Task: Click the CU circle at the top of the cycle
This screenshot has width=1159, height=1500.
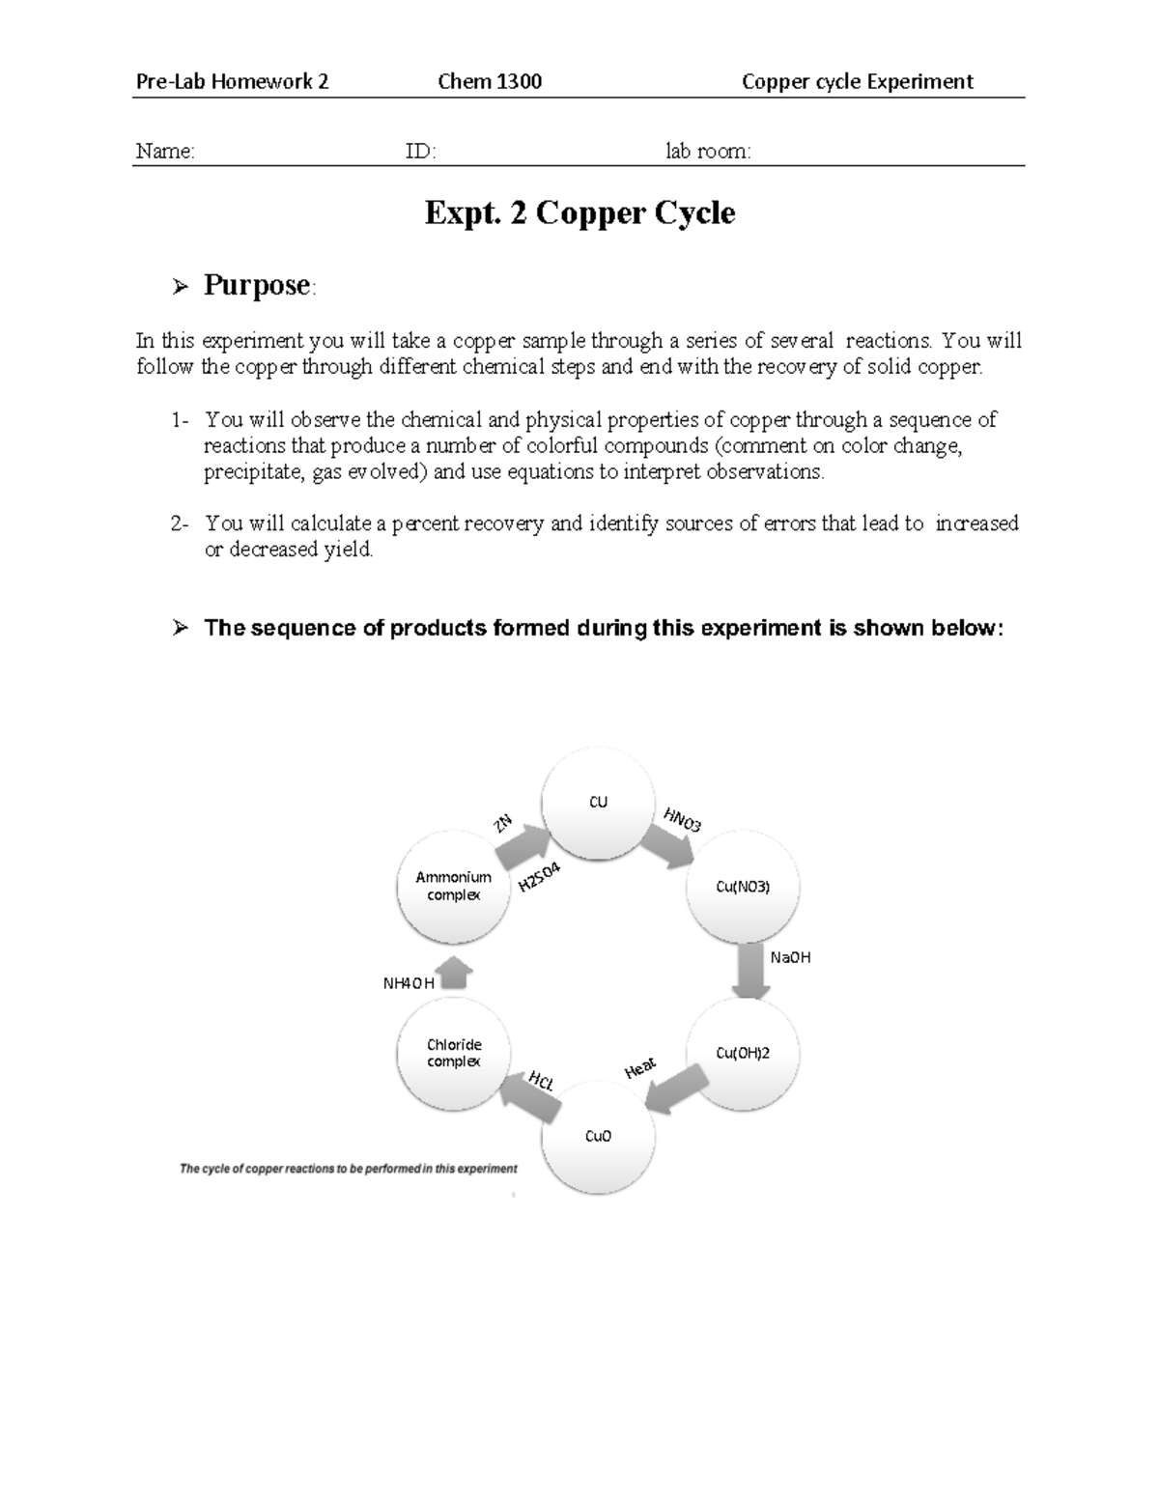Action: tap(598, 803)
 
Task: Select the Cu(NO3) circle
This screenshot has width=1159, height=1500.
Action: tap(743, 887)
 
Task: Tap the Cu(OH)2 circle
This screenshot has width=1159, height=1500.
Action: tap(743, 1053)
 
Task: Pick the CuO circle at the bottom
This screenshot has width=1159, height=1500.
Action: tap(598, 1137)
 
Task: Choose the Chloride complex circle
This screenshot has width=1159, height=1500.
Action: tap(454, 1053)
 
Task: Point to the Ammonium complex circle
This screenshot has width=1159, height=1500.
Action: tap(454, 886)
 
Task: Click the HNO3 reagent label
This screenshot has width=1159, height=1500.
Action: tap(682, 820)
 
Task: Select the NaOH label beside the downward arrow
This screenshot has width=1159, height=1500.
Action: tap(790, 957)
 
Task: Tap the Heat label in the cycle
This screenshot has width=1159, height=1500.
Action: tap(640, 1068)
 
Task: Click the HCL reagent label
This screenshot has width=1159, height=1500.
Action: tap(542, 1081)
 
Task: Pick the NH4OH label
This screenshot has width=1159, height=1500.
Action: tap(409, 983)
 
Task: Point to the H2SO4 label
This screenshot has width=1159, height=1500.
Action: tap(540, 877)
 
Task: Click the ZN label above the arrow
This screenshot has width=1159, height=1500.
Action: tap(502, 824)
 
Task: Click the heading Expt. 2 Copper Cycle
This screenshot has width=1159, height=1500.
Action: tap(579, 212)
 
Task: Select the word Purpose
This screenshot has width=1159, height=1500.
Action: tap(257, 286)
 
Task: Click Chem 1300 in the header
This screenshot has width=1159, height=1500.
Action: tap(490, 82)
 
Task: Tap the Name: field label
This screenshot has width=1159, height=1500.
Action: tap(165, 152)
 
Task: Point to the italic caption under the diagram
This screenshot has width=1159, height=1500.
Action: tap(349, 1169)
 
